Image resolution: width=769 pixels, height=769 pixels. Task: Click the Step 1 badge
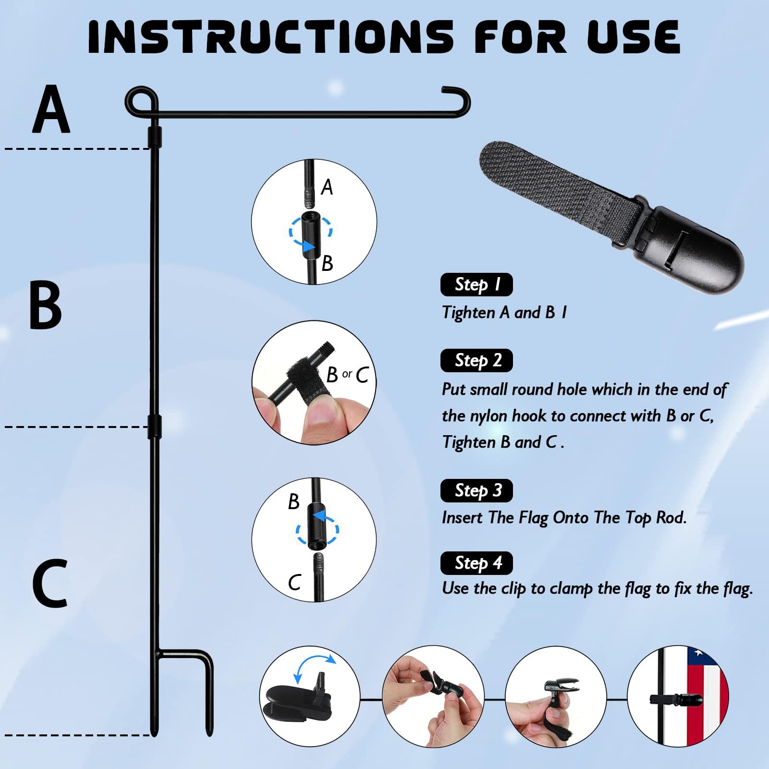coord(476,285)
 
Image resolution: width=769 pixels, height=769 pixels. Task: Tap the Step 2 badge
coord(476,360)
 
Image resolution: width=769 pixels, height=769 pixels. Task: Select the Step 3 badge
coord(476,490)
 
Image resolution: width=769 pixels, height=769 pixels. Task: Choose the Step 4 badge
coord(476,563)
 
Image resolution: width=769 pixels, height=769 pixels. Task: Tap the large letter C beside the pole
coord(49,584)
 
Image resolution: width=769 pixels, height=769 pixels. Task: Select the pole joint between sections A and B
coord(155,137)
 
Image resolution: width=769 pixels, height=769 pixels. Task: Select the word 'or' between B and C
coord(347,374)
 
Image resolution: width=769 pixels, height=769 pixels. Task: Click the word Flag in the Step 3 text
coord(533,518)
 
